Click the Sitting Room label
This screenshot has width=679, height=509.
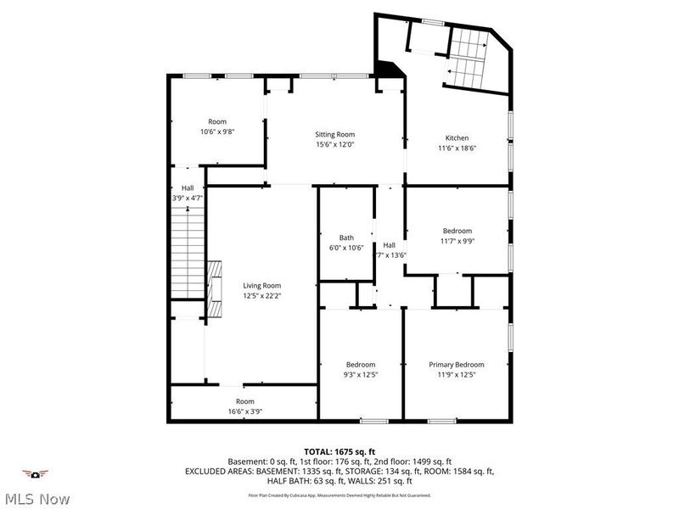coord(334,134)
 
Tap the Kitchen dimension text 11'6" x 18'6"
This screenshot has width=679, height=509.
coord(457,148)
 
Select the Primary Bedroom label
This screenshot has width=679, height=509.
coord(457,364)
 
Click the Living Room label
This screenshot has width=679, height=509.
coord(261,286)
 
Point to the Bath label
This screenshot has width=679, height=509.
coord(346,238)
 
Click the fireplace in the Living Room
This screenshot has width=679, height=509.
coord(215,288)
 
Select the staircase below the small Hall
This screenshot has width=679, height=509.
coord(186,255)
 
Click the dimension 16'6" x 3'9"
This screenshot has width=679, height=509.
coord(244,411)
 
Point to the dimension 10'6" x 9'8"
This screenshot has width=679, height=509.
coord(217,131)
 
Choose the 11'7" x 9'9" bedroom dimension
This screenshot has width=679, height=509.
coord(457,241)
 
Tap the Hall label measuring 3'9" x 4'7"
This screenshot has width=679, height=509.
coord(188,199)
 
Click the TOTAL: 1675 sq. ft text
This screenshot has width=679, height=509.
coord(339,451)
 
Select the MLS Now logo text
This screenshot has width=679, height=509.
coord(36,499)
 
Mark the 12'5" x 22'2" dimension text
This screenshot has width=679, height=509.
coord(261,296)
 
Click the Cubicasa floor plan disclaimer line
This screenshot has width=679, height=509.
coord(339,495)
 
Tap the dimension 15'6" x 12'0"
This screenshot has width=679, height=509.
coord(334,144)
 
